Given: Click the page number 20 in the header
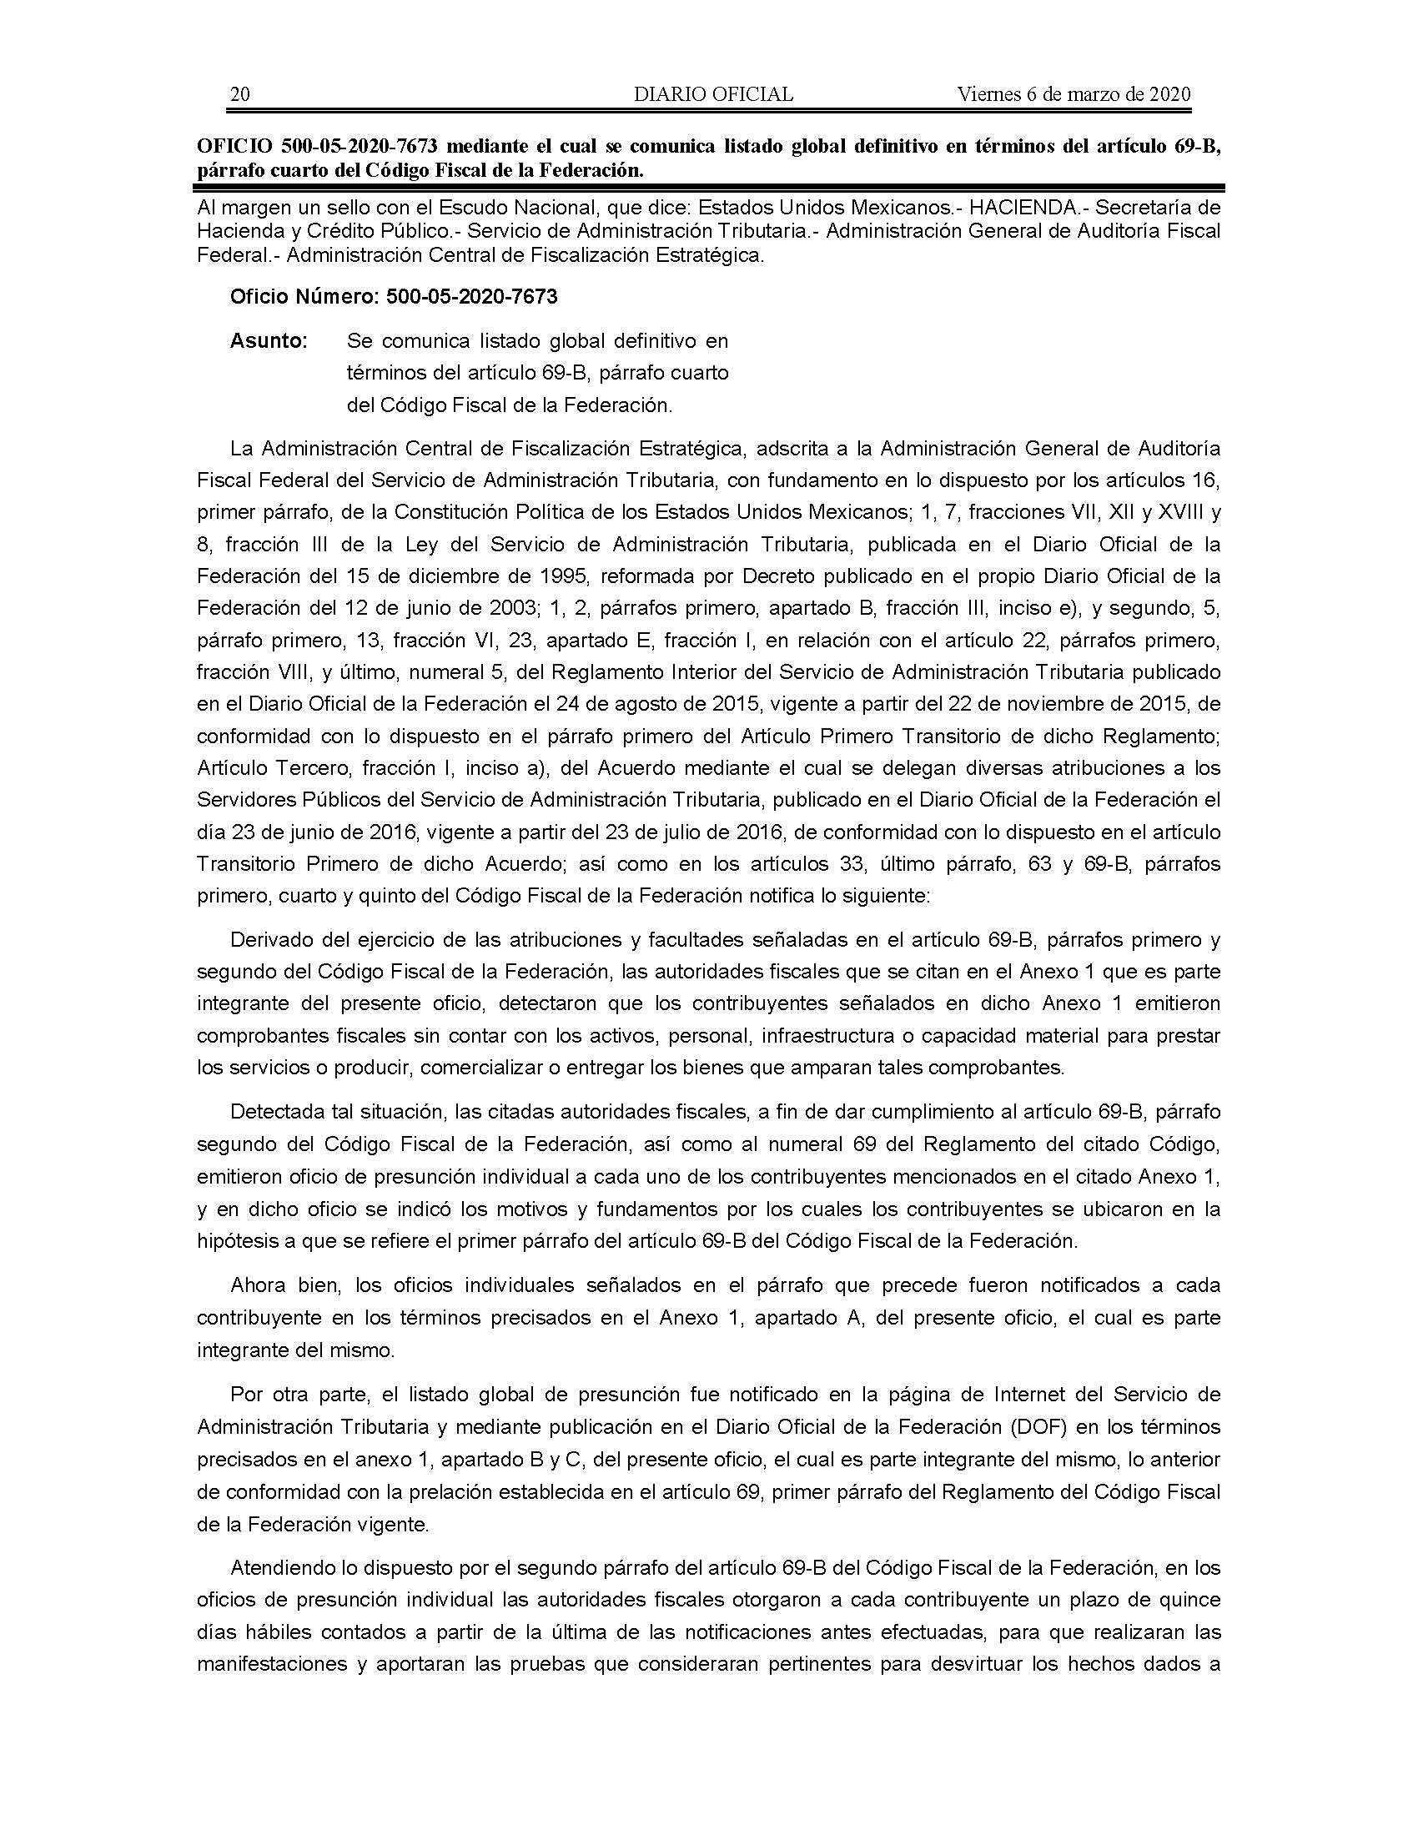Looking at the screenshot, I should pyautogui.click(x=239, y=94).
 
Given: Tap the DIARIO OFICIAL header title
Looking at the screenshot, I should pyautogui.click(x=713, y=94).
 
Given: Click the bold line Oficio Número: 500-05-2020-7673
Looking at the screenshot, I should pyautogui.click(x=393, y=297).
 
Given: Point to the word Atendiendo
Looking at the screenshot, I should pyautogui.click(x=279, y=1568).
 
